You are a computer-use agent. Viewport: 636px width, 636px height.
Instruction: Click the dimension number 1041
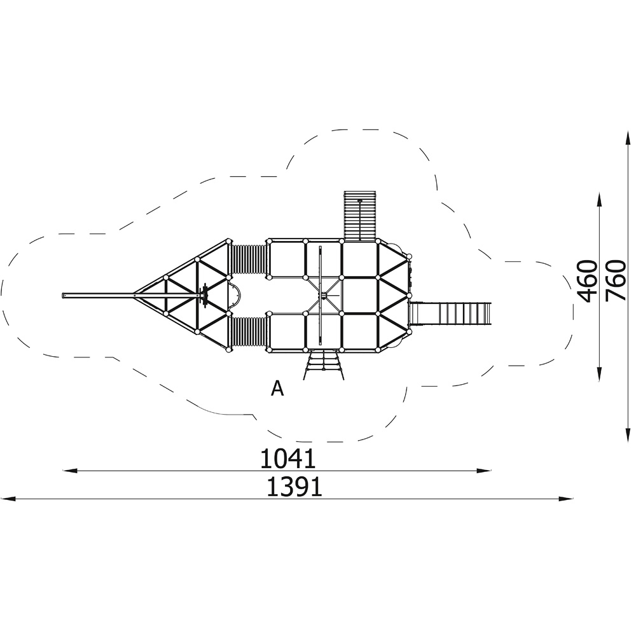287,459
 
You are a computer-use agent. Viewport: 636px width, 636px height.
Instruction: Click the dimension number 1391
294,487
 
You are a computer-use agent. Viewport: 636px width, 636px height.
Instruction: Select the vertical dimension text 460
588,282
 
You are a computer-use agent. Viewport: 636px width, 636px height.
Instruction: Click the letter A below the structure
277,389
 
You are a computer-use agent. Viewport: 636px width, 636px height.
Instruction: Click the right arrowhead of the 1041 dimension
484,471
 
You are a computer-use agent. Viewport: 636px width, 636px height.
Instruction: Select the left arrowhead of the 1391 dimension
8,498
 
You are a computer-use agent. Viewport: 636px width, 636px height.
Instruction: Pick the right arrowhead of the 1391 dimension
566,498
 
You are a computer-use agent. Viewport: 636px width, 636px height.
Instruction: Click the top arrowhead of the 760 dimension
628,138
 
